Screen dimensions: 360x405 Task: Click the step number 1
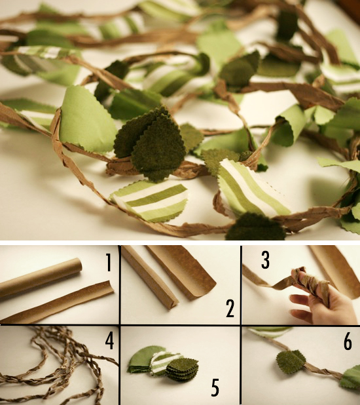tap(109, 262)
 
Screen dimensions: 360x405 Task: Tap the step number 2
tap(230, 308)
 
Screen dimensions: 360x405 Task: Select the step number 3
tap(265, 260)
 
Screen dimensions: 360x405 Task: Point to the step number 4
tap(109, 341)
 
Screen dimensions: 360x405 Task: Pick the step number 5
tap(215, 387)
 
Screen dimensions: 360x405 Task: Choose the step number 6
tap(348, 341)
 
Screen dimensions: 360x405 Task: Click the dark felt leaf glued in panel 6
tap(291, 362)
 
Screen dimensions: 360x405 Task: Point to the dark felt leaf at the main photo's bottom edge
tap(255, 227)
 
